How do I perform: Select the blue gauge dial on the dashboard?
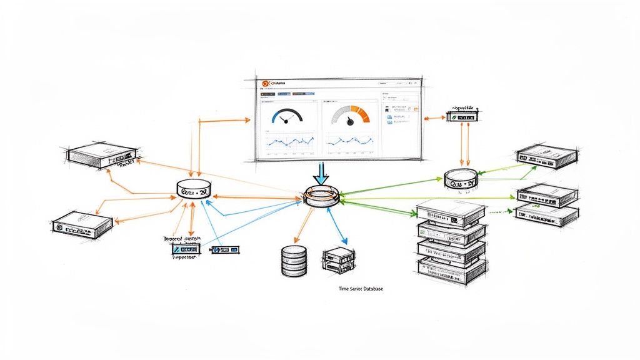(x=287, y=116)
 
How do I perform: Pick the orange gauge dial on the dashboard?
(x=351, y=115)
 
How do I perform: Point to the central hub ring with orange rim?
(x=322, y=196)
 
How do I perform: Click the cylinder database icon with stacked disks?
(x=294, y=261)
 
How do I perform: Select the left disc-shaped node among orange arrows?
(x=195, y=190)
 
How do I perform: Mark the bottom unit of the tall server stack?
(x=451, y=269)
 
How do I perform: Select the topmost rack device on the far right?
(x=546, y=156)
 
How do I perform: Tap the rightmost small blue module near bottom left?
(x=226, y=249)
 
